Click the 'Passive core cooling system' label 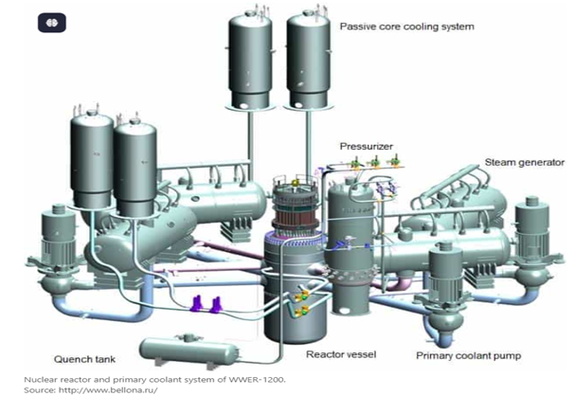(406, 27)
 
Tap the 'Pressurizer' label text (366, 146)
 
